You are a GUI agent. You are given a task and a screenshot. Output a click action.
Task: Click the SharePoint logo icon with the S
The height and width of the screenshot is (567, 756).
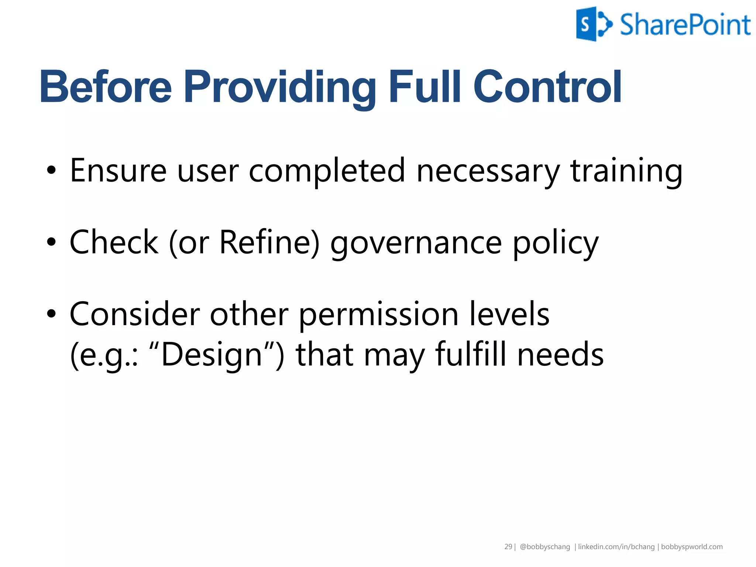592,24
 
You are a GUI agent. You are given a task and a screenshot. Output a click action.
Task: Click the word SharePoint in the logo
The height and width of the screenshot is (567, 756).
685,25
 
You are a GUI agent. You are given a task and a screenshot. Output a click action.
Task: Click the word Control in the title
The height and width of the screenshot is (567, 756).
547,87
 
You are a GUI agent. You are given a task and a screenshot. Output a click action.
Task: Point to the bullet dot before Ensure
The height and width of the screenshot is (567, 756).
51,171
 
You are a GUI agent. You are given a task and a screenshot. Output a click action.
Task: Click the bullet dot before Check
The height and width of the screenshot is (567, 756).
51,243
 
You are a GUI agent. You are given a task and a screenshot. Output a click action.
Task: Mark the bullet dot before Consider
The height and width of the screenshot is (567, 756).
51,314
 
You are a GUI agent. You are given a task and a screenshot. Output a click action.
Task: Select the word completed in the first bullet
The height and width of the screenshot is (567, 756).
327,171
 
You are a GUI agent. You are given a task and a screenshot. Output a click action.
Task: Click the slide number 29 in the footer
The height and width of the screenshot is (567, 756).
508,547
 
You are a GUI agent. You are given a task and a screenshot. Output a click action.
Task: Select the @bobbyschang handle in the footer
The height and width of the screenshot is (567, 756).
544,547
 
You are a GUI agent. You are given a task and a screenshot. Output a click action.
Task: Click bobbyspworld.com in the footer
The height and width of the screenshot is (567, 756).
691,547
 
